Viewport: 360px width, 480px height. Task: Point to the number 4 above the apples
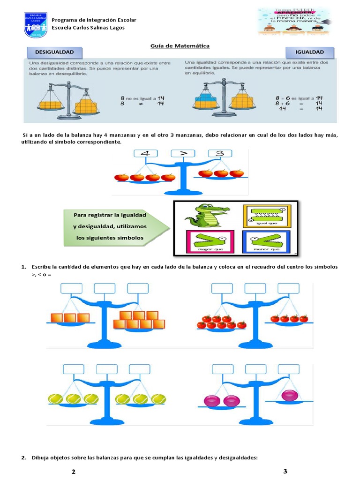click(146, 154)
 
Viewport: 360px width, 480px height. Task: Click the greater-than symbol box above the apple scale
click(181, 154)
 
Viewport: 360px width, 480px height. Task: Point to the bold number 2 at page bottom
click(74, 472)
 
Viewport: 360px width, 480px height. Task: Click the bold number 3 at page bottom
click(285, 471)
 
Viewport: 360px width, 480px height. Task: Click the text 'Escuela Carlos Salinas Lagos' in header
click(88, 28)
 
